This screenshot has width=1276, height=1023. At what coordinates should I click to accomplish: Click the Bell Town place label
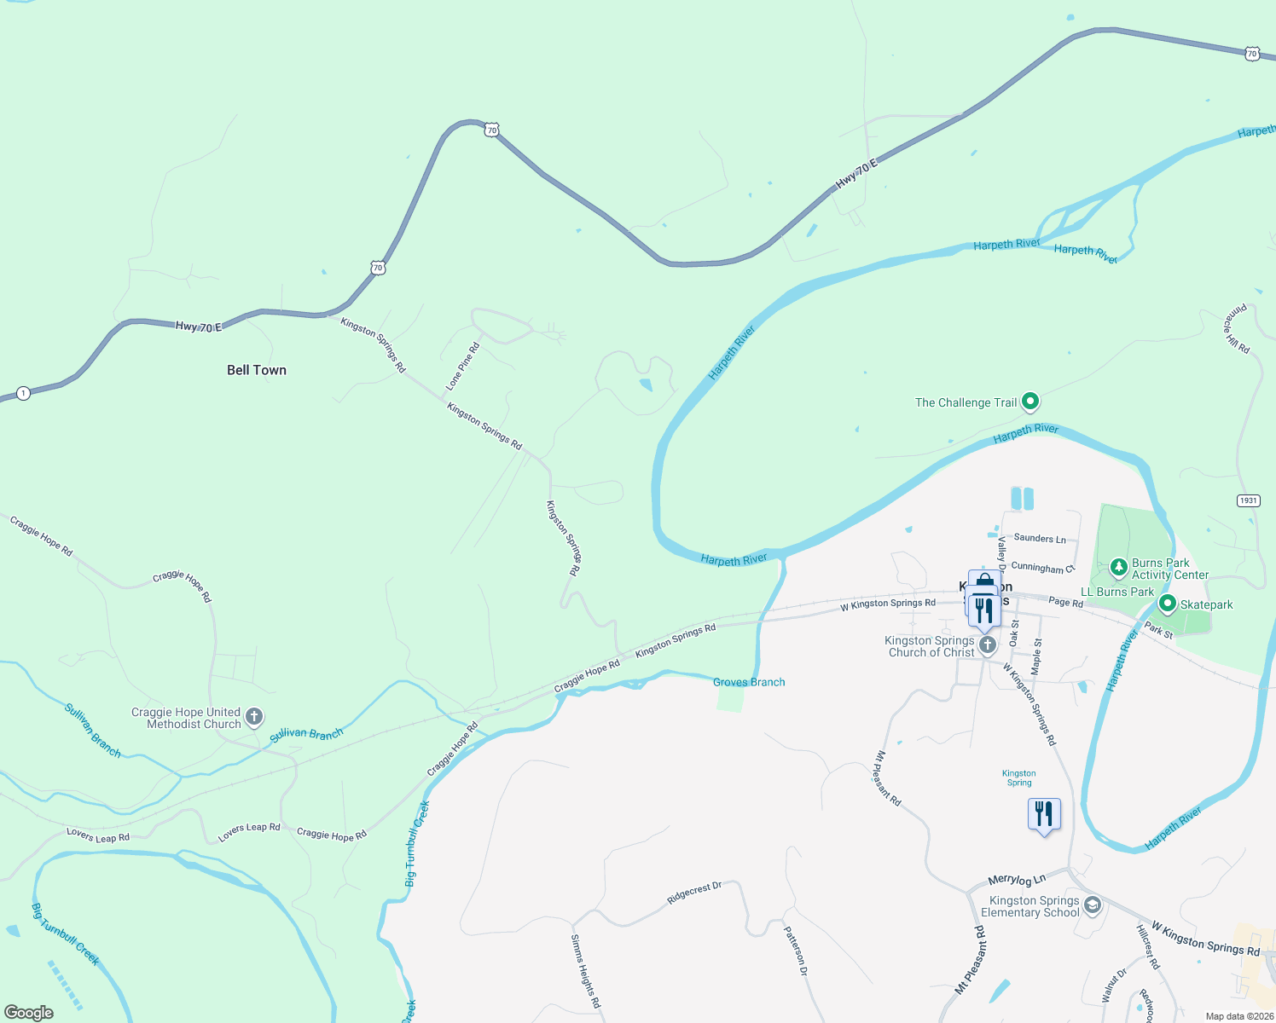point(257,370)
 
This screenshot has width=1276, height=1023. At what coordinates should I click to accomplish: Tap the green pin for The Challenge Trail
point(1030,401)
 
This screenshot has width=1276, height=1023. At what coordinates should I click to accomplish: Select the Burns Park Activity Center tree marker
point(1118,567)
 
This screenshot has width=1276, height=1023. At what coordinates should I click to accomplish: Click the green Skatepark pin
point(1168,604)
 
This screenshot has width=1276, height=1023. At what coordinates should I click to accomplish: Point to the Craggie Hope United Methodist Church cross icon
point(254,717)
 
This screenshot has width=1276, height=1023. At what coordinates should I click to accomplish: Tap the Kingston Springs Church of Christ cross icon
point(987,644)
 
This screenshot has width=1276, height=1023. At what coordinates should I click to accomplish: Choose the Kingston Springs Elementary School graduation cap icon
point(1092,905)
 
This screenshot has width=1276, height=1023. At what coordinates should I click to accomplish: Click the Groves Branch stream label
point(749,682)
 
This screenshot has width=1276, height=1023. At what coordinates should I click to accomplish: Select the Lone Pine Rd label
point(463,367)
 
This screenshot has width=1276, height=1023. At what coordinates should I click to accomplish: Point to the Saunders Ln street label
point(1040,539)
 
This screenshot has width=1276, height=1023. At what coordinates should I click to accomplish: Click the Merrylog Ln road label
point(1017,880)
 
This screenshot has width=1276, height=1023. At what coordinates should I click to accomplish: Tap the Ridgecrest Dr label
point(694,893)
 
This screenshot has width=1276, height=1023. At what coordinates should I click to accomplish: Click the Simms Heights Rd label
point(585,971)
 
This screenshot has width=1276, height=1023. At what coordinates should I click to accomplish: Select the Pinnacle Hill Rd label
point(1238,328)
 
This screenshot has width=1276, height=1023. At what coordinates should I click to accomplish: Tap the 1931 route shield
point(1248,500)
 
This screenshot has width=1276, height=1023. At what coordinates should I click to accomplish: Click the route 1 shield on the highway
point(23,393)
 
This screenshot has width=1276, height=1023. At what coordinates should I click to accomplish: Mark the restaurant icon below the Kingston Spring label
point(1044,814)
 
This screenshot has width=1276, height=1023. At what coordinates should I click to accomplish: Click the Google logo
point(29,1013)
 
